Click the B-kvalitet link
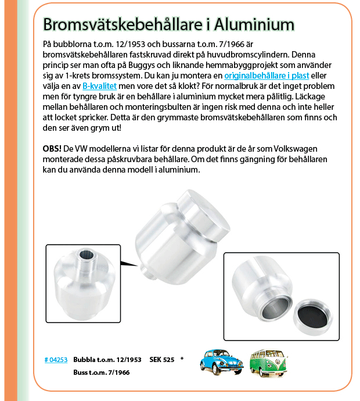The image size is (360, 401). pos(100,87)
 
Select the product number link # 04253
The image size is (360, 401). pos(56,360)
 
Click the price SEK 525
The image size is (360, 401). pos(161,360)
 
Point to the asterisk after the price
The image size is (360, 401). pos(182,359)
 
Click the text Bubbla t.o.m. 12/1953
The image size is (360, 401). pos(107,360)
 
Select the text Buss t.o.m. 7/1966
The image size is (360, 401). pos(101,372)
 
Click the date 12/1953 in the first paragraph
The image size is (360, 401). pos(129,45)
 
